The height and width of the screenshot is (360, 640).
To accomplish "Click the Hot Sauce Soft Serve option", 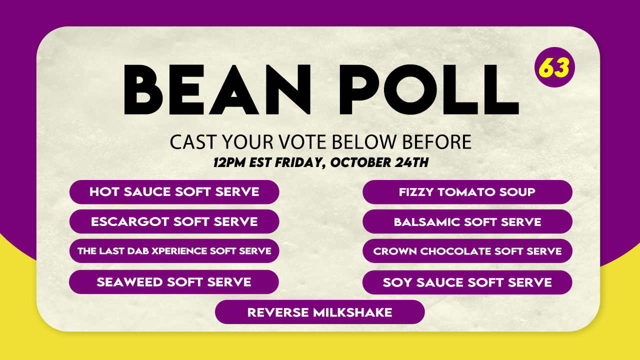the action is click(174, 192).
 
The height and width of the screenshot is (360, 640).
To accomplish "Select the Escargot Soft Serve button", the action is click(174, 221).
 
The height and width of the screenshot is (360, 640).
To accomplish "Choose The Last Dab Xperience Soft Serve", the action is click(174, 251).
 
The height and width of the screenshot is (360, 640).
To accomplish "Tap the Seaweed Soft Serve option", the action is click(173, 282).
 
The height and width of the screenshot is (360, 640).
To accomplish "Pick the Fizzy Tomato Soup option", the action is click(467, 192).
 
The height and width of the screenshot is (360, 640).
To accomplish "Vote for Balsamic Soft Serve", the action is click(467, 221).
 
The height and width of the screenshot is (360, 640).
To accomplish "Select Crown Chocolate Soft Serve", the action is click(467, 251).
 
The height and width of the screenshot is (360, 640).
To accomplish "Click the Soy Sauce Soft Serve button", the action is click(467, 282).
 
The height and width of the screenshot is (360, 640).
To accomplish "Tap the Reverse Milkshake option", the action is click(319, 312).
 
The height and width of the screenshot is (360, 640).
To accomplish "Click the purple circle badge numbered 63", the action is click(554, 67).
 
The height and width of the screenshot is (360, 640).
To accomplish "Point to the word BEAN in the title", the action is click(217, 89).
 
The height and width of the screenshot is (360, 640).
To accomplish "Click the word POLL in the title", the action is click(429, 89).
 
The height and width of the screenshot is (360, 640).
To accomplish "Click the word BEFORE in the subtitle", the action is click(436, 141).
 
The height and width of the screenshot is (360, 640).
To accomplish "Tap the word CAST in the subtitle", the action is click(193, 141).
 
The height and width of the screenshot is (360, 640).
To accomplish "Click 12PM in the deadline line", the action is click(229, 162).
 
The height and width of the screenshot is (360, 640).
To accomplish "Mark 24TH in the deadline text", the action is click(411, 162).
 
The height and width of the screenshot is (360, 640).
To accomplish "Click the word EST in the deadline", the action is click(260, 162).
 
